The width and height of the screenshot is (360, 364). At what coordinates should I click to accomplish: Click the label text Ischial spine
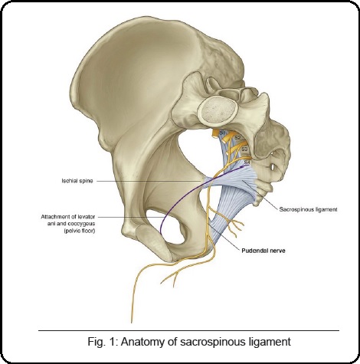[x=77, y=181]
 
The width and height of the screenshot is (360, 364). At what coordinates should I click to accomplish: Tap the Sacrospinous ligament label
[x=308, y=209]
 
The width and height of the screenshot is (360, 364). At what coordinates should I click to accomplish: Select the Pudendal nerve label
[x=263, y=251]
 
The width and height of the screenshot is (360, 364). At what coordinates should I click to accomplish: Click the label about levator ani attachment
[x=68, y=224]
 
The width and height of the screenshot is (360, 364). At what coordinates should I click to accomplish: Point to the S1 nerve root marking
[x=222, y=133]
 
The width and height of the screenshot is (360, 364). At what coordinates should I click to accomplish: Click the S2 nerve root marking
[x=237, y=138]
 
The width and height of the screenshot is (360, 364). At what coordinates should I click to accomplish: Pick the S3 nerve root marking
[x=244, y=149]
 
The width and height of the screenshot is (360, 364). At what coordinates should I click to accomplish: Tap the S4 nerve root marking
[x=247, y=162]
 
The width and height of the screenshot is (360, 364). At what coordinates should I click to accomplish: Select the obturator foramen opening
[x=174, y=228]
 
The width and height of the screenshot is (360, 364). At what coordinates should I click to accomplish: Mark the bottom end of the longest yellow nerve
[x=132, y=323]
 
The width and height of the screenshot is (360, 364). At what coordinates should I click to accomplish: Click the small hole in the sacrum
[x=272, y=167]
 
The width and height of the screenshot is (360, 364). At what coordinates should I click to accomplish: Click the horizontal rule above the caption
[x=188, y=331]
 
